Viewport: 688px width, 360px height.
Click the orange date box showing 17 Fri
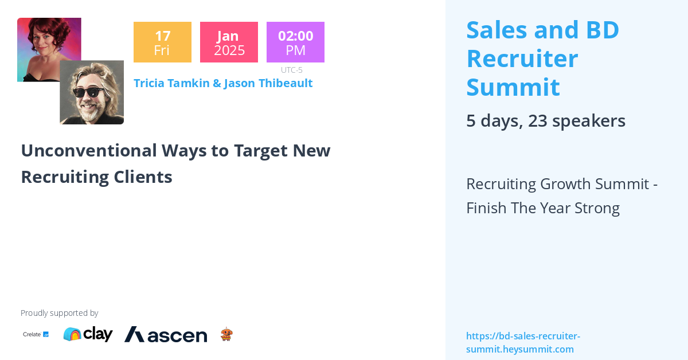coord(162,42)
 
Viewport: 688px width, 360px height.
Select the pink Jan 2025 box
coord(229,42)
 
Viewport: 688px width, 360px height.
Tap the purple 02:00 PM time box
coord(295,42)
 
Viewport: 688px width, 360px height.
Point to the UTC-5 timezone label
coord(291,70)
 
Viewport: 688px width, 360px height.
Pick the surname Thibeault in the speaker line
coord(285,83)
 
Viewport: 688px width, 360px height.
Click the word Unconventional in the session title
coord(88,150)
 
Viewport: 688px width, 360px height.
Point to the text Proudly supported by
coord(59,313)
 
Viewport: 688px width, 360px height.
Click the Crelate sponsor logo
coord(36,334)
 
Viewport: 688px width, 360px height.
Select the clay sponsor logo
coord(88,334)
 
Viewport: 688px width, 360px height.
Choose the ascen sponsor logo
coord(166,335)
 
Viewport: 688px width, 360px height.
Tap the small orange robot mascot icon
coord(226,334)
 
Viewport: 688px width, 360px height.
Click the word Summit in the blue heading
coord(513,87)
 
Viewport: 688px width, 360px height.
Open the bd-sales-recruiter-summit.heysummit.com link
coord(522,342)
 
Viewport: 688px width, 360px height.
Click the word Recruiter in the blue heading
coord(522,58)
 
